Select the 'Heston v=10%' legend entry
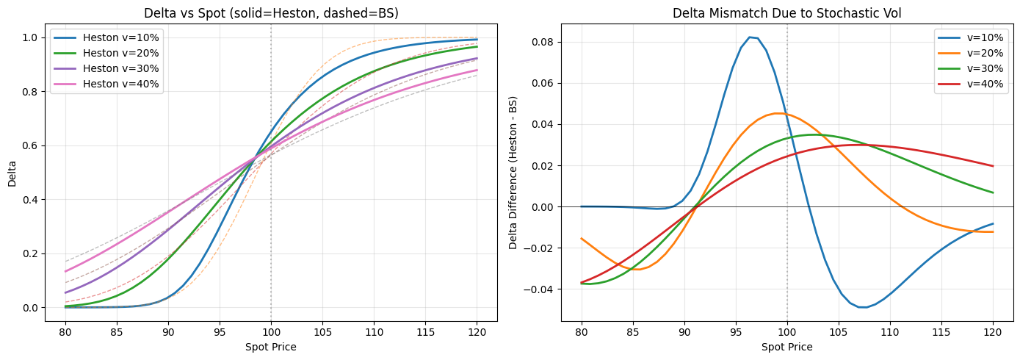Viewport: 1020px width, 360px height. [120, 37]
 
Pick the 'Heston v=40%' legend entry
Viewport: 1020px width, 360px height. [120, 83]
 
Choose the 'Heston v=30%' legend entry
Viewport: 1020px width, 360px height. [120, 68]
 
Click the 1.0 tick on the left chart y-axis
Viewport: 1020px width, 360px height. [29, 37]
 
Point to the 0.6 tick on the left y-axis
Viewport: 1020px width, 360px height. [29, 145]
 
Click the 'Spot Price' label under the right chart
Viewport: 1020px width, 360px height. [787, 346]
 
